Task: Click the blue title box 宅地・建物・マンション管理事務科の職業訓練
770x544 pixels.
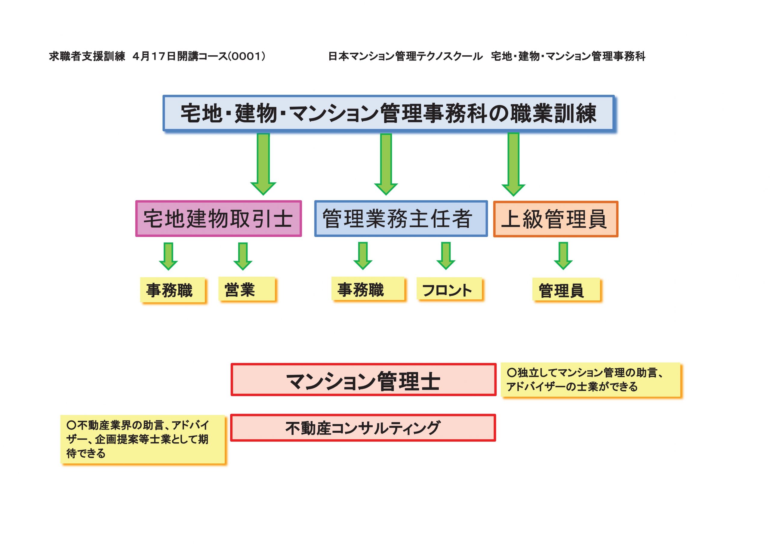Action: point(389,113)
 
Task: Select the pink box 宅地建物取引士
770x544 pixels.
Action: point(219,219)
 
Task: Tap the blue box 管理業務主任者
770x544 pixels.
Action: point(401,219)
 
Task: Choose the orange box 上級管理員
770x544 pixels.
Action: point(555,219)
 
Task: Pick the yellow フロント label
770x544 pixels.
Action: point(449,289)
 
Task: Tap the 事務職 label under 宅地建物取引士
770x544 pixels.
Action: point(172,290)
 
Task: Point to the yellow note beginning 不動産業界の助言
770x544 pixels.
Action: point(143,439)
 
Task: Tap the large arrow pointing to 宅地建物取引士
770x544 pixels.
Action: point(263,164)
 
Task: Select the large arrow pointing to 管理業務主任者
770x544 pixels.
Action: point(386,164)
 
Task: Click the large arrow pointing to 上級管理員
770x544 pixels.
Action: point(513,164)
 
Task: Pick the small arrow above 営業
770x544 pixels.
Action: point(243,256)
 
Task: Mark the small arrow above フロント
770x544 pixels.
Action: point(446,256)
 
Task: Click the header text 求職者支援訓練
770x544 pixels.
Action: point(87,56)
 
